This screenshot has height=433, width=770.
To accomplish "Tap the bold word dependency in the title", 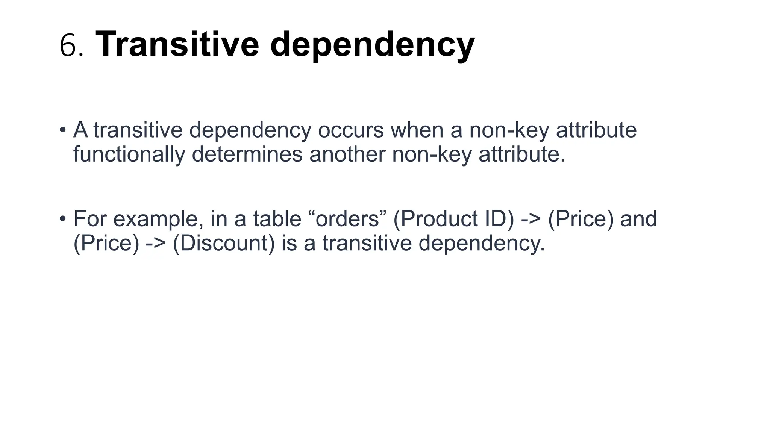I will click(x=372, y=46).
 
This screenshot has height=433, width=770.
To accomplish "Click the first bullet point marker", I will click(x=63, y=130).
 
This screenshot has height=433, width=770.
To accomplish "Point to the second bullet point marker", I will click(x=63, y=218).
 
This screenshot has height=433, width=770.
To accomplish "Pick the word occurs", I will click(x=351, y=130).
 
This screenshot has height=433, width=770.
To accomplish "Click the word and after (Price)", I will click(x=638, y=218).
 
